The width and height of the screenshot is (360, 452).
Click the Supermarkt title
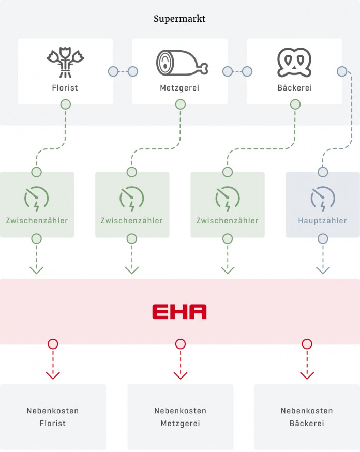point(179,19)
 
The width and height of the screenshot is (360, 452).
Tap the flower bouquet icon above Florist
point(65,63)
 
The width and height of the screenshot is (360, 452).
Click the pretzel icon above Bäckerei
point(294,63)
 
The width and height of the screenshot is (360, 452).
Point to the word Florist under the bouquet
point(65,88)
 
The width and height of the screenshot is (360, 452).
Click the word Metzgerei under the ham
point(179,88)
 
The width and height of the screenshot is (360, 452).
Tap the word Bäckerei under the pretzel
point(294,88)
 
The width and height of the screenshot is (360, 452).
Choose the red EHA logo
point(179,312)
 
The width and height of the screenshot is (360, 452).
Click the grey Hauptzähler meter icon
point(323,199)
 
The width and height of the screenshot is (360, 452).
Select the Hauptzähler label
point(323,221)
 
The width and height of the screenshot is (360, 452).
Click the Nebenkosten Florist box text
point(53,417)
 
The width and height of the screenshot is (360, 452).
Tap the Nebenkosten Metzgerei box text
point(180,417)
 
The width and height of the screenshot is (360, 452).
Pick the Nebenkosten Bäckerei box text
point(307,417)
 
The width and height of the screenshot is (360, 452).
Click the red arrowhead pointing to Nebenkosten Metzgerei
point(180,374)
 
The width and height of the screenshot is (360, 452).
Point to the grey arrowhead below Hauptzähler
point(323,269)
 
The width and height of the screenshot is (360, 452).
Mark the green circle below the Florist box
point(65,104)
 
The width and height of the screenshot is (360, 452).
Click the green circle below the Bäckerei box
point(295,104)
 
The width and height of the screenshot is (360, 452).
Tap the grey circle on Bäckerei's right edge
point(341,71)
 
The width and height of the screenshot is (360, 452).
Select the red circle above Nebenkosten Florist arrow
point(53,344)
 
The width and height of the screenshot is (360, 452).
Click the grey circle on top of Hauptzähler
point(323,172)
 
